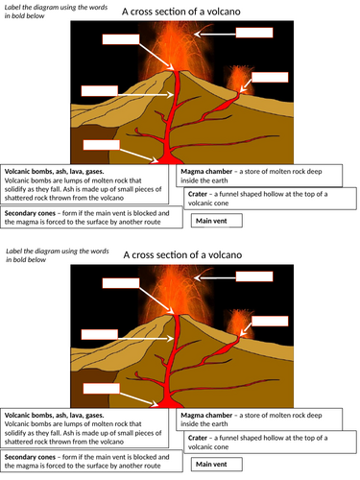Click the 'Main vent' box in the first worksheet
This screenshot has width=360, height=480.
[217, 221]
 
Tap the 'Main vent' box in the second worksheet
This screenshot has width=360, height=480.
[217, 465]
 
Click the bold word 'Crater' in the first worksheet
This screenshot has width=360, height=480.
[198, 194]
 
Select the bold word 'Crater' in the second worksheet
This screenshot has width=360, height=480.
[198, 438]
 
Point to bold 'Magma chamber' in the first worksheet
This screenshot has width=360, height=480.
[206, 172]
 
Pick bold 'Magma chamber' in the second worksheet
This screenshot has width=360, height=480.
[206, 416]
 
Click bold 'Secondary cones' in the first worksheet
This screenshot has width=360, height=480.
[30, 213]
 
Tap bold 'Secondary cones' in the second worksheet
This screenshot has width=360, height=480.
[30, 457]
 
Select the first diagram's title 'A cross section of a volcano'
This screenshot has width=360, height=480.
[181, 12]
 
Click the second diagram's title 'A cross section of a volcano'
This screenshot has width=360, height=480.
[182, 255]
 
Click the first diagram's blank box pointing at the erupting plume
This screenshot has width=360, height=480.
[254, 33]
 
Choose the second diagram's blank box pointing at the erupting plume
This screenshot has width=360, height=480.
[254, 276]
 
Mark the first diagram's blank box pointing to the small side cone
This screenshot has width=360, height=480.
[270, 77]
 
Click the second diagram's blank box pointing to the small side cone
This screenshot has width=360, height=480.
[270, 321]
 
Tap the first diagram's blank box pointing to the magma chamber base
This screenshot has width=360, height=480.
[102, 145]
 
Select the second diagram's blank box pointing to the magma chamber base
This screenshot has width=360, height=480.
[102, 389]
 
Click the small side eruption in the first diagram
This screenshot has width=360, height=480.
[240, 79]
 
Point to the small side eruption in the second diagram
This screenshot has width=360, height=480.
[240, 323]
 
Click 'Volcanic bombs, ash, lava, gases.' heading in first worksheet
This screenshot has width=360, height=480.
[54, 172]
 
